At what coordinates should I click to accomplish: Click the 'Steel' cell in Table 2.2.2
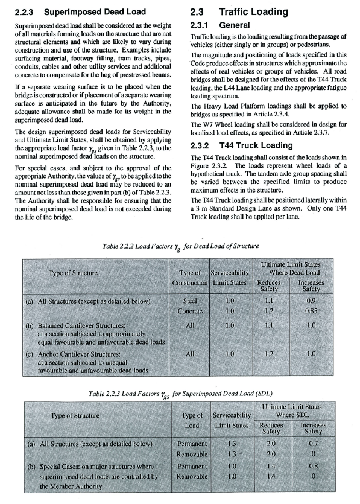[190, 300]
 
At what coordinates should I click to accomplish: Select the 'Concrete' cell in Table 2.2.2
[190, 311]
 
